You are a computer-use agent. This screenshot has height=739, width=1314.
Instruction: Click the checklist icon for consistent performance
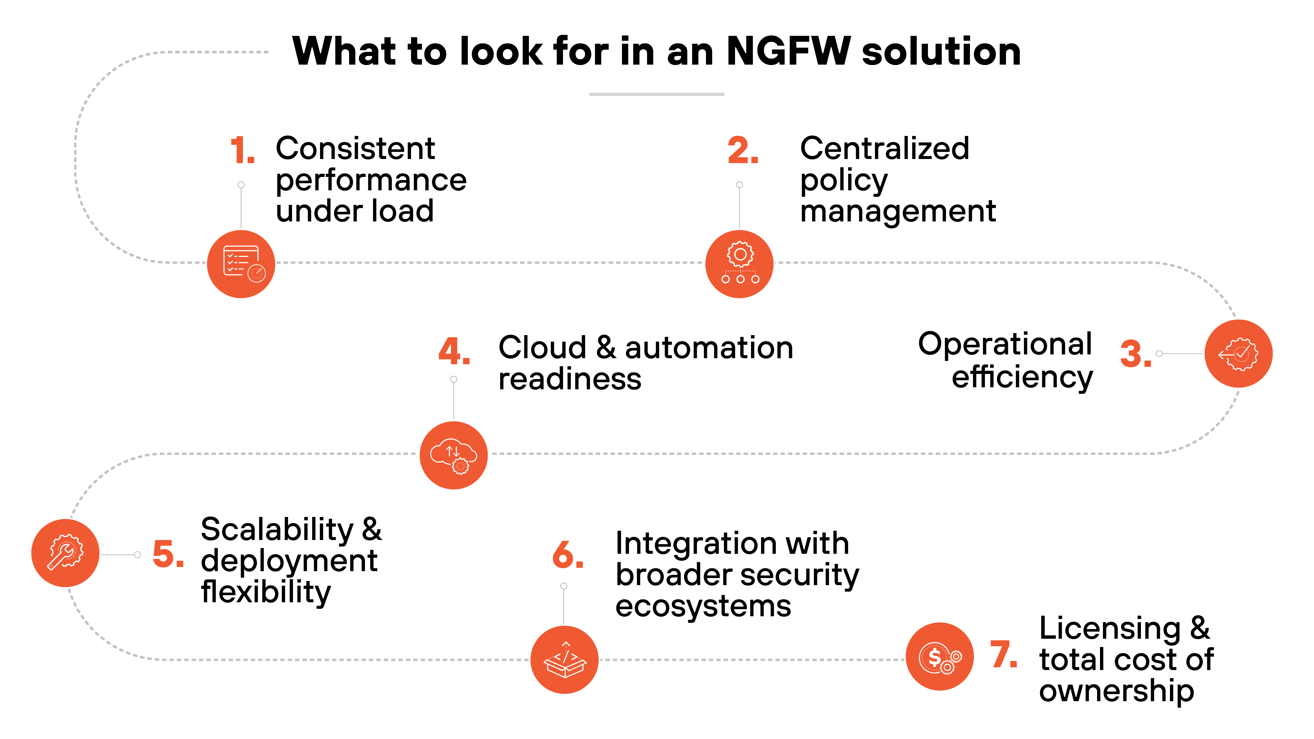tap(241, 264)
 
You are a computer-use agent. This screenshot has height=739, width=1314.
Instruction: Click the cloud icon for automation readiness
tap(453, 455)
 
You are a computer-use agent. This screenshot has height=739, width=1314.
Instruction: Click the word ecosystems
tap(703, 606)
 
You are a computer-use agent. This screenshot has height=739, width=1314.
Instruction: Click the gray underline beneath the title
tap(656, 94)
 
